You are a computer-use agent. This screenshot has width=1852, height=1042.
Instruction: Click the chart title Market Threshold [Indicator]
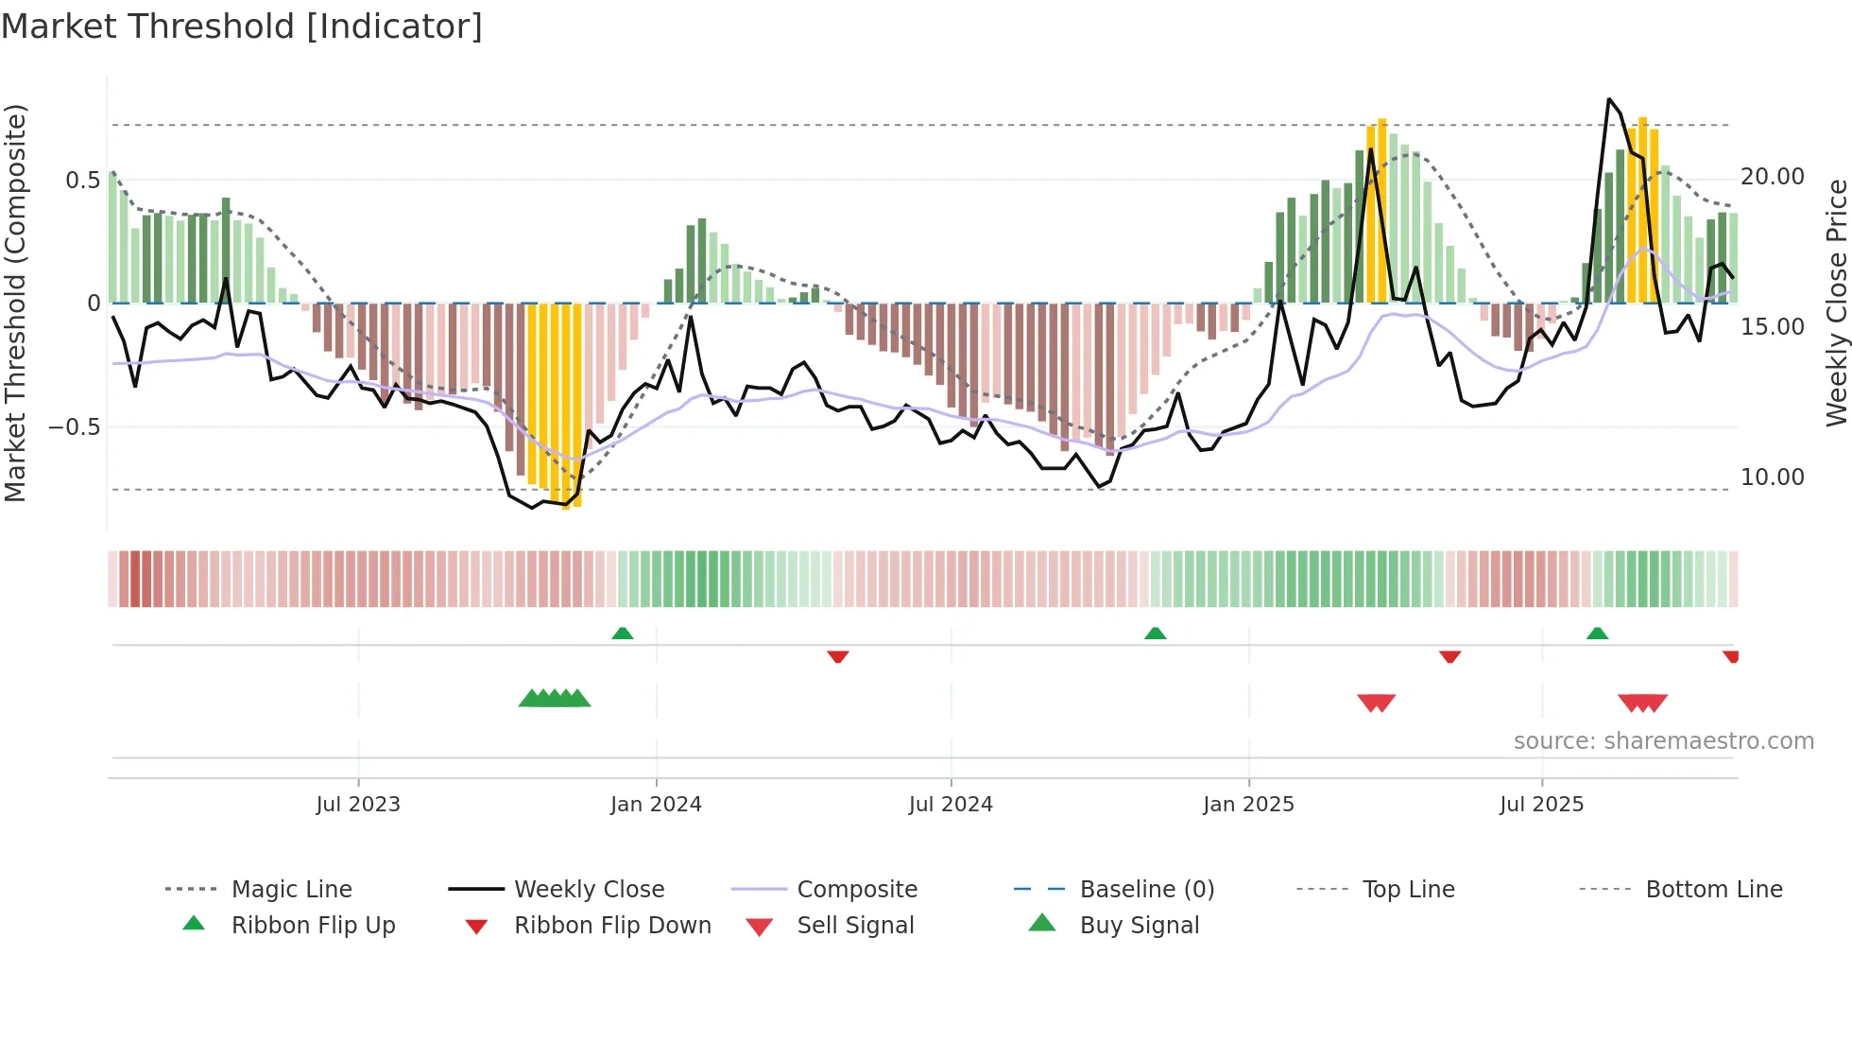[x=242, y=26]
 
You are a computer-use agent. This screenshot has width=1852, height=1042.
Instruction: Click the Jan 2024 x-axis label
[x=656, y=805]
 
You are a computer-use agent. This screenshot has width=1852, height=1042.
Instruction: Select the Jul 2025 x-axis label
[x=1541, y=805]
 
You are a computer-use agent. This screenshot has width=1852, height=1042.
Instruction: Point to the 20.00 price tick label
[x=1772, y=177]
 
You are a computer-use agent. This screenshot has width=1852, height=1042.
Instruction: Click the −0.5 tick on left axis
[x=74, y=427]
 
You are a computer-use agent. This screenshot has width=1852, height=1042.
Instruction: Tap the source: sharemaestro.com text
[x=1663, y=741]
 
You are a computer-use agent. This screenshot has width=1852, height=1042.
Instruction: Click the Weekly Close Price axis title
[x=1836, y=303]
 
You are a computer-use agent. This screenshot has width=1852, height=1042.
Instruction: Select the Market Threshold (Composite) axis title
[x=15, y=303]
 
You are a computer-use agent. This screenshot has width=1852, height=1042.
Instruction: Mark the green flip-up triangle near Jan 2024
[x=622, y=634]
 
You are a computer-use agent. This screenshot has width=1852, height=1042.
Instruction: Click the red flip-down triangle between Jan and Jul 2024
[x=837, y=656]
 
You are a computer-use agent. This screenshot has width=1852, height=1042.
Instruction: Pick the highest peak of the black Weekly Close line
[x=1609, y=99]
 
